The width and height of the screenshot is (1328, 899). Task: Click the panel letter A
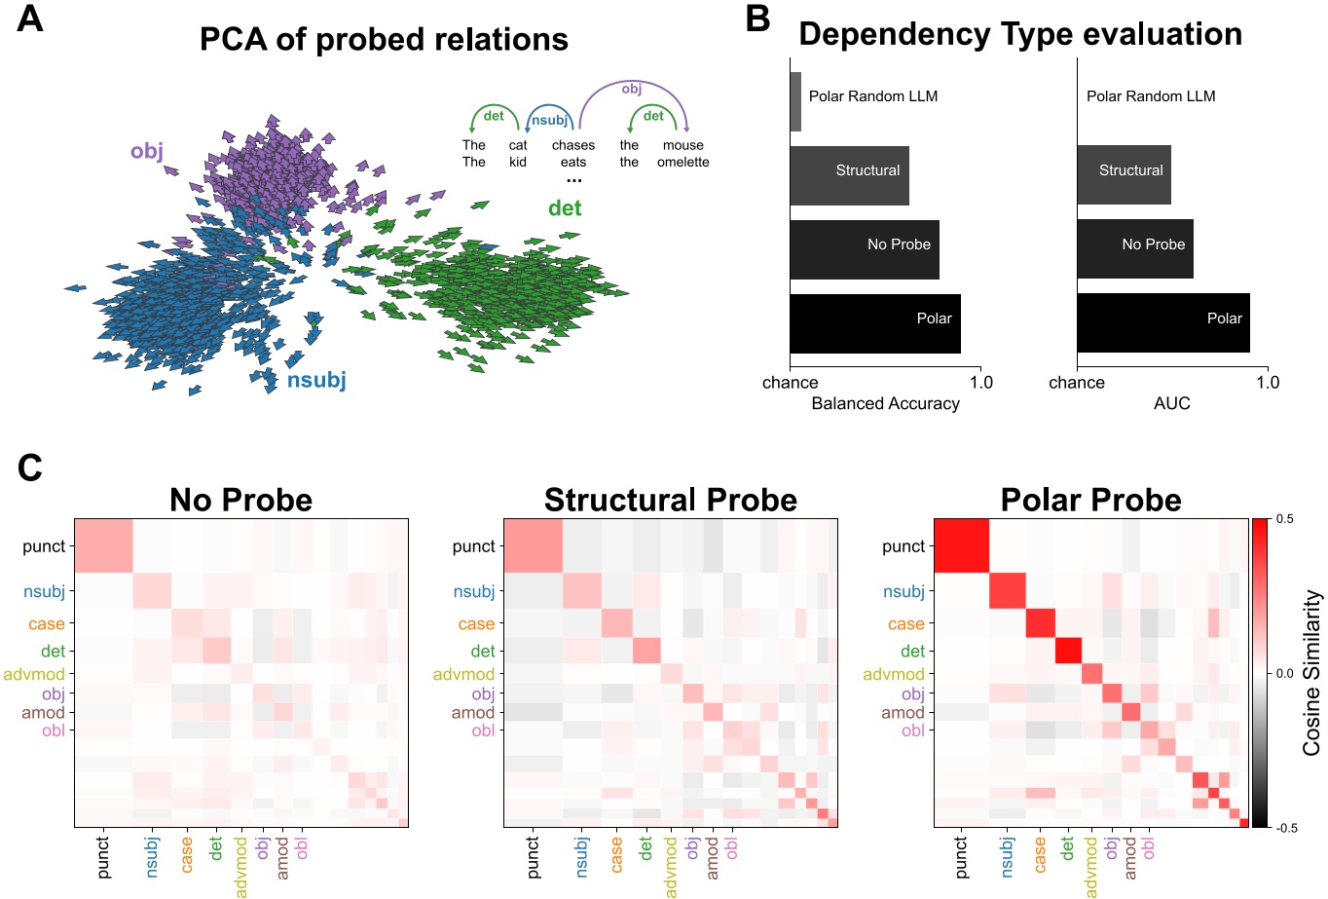[x=30, y=19]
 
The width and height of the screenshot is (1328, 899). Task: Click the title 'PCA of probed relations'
[x=384, y=39]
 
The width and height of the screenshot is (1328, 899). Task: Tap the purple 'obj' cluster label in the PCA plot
[x=147, y=151]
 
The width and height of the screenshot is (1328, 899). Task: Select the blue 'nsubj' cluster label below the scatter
[x=316, y=380]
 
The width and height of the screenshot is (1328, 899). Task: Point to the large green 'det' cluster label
[x=565, y=207]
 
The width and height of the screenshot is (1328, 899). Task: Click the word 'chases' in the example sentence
[x=572, y=145]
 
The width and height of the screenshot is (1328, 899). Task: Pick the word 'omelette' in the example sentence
[x=682, y=162]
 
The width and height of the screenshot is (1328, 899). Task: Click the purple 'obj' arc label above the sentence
[x=632, y=89]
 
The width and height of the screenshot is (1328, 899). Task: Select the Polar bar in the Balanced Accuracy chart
[x=874, y=324]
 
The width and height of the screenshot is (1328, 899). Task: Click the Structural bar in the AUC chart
[x=1124, y=175]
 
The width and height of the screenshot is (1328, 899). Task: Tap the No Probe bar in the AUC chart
[x=1134, y=249]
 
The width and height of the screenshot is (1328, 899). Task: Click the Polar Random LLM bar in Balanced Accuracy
[x=795, y=101]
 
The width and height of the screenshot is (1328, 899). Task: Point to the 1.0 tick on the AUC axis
[x=1267, y=383]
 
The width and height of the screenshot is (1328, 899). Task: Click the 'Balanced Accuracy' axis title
[x=885, y=403]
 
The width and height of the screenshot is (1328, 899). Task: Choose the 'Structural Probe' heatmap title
[x=670, y=500]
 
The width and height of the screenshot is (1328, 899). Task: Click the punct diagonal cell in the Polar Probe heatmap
[x=961, y=546]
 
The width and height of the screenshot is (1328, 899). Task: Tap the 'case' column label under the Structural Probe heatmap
[x=616, y=854]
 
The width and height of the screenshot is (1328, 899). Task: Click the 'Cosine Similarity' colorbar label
[x=1311, y=672]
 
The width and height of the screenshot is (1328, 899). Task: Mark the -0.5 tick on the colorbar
[x=1285, y=828]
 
